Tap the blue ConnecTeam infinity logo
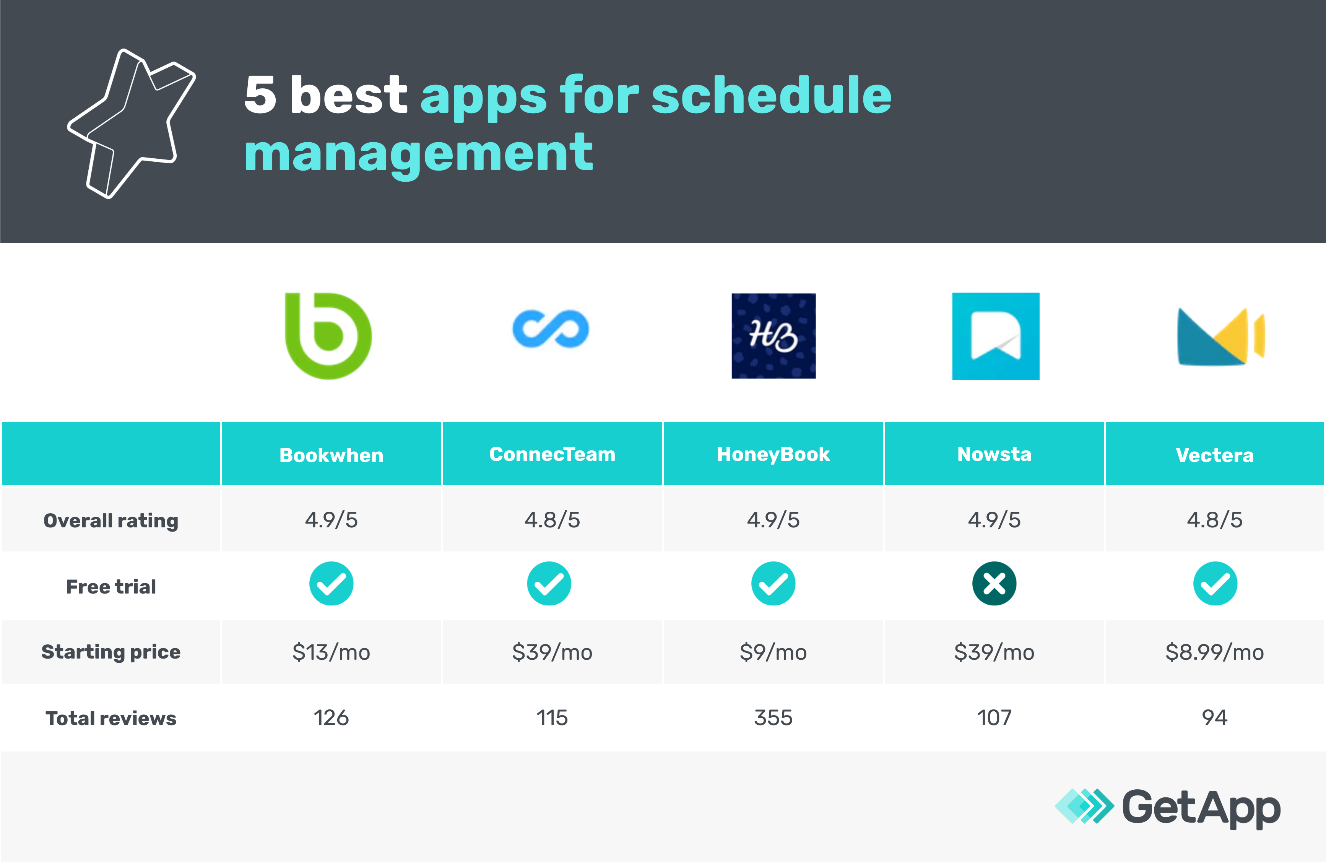pos(551,329)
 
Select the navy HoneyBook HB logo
pos(773,336)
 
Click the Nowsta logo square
pos(996,336)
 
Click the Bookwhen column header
pos(331,455)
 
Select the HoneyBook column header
pos(773,454)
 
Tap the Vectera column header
pos(1215,455)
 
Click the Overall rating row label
pos(111,520)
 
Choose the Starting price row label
pos(111,652)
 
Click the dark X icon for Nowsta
pos(994,583)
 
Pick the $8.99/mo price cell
pos(1215,652)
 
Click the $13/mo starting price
pos(331,652)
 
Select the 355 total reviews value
pos(773,718)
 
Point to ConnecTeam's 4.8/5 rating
pos(552,520)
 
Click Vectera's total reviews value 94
pos(1215,718)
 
